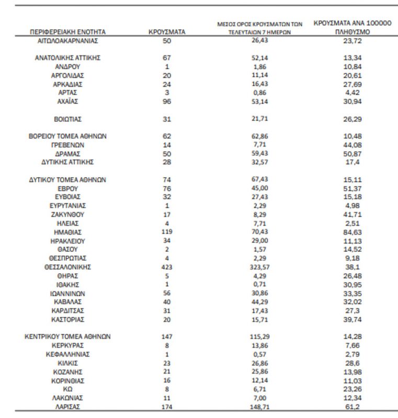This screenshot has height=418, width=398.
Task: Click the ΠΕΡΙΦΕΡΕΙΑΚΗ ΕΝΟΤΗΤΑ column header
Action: (x=68, y=32)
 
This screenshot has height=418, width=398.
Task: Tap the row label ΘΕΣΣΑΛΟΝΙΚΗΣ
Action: (x=68, y=267)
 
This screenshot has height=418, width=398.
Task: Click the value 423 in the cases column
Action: (x=167, y=267)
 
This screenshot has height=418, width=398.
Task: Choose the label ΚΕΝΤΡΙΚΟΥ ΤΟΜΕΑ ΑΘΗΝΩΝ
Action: (x=68, y=337)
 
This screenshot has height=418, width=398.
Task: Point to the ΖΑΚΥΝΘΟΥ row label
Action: (x=68, y=214)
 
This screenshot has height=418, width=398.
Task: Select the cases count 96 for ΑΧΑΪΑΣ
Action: (x=167, y=101)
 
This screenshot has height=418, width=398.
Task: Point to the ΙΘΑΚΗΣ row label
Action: (x=68, y=284)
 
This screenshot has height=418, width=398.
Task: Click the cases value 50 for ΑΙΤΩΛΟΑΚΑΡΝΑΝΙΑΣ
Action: (x=167, y=40)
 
